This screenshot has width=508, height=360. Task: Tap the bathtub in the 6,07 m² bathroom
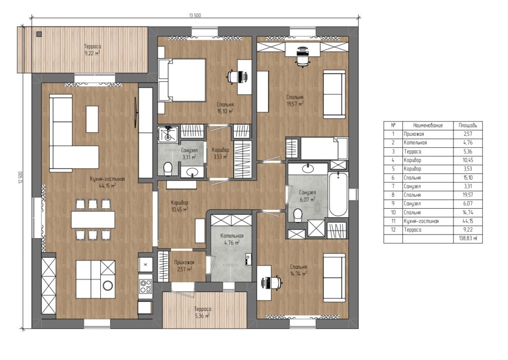338,194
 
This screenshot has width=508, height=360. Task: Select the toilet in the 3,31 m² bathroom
168,169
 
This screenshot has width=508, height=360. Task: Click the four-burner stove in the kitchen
145,286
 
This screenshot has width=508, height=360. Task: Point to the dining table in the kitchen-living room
93,220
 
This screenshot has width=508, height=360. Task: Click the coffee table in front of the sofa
92,119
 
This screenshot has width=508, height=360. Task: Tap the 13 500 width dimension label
194,15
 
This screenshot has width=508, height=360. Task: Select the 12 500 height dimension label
20,178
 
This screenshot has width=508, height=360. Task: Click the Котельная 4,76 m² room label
232,239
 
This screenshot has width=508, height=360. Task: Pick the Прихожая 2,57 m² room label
184,266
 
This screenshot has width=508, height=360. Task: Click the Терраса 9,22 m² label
92,50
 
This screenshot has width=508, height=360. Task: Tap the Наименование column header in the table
428,125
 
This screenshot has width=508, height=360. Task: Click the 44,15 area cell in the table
467,221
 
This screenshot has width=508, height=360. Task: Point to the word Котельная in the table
415,142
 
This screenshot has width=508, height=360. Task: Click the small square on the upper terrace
39,34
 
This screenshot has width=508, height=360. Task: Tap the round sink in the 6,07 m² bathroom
308,168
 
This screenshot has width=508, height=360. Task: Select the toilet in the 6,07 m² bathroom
297,215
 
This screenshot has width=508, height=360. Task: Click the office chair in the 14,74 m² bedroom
274,282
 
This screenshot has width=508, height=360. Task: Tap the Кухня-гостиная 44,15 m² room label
107,182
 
